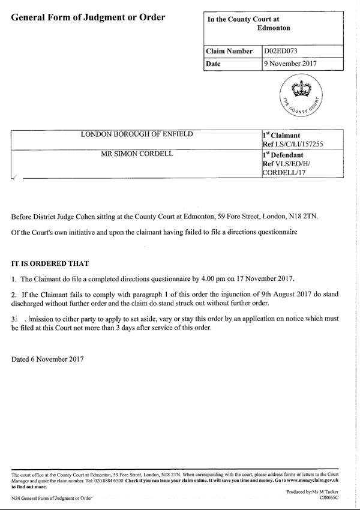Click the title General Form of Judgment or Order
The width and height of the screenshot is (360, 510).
(x=88, y=17)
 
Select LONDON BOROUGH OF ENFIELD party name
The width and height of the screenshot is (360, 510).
(x=137, y=134)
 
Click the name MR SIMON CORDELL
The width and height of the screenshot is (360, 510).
(x=137, y=154)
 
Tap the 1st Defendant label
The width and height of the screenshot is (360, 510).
(x=286, y=154)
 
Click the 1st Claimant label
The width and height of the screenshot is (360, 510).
(x=282, y=136)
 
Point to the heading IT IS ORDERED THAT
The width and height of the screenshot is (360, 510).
(x=50, y=263)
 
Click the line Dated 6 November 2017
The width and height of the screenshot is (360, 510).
(x=47, y=359)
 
